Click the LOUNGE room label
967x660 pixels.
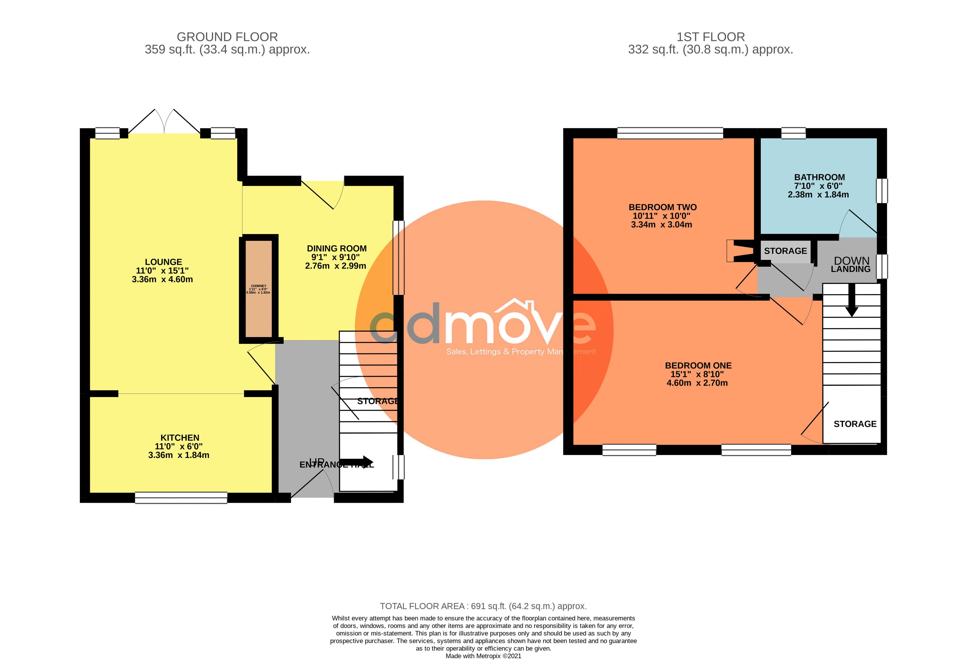point(163,262)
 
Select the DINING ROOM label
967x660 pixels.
point(337,248)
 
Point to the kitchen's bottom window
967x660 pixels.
point(181,498)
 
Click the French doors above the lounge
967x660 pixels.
point(164,122)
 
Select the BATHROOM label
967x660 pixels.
point(819,177)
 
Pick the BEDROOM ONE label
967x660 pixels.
point(698,365)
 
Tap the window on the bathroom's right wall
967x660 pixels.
point(882,191)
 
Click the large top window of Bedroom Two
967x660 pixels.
point(670,133)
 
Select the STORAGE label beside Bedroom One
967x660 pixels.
point(855,424)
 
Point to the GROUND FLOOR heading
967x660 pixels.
point(227,37)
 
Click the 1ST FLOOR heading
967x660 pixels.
point(710,37)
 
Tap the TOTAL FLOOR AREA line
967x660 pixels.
point(483,606)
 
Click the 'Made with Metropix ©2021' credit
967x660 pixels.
point(483,656)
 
